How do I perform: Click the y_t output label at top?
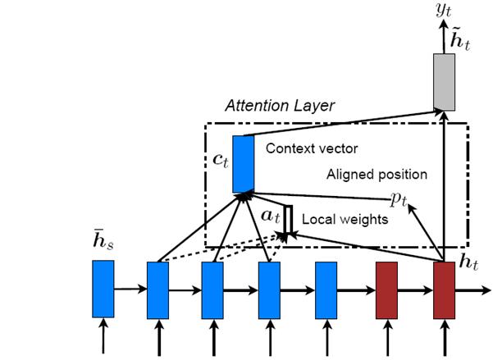pyautogui.click(x=445, y=11)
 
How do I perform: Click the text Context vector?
pyautogui.click(x=301, y=149)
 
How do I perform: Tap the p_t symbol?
pyautogui.click(x=399, y=198)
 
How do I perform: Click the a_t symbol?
pyautogui.click(x=272, y=218)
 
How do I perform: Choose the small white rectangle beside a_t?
pyautogui.click(x=289, y=218)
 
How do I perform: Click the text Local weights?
pyautogui.click(x=334, y=220)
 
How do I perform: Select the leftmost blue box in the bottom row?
pyautogui.click(x=103, y=289)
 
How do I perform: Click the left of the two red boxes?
pyautogui.click(x=386, y=289)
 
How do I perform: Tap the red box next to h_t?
pyautogui.click(x=444, y=289)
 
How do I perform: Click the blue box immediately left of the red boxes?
pyautogui.click(x=326, y=289)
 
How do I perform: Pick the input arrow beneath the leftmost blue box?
pyautogui.click(x=103, y=337)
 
